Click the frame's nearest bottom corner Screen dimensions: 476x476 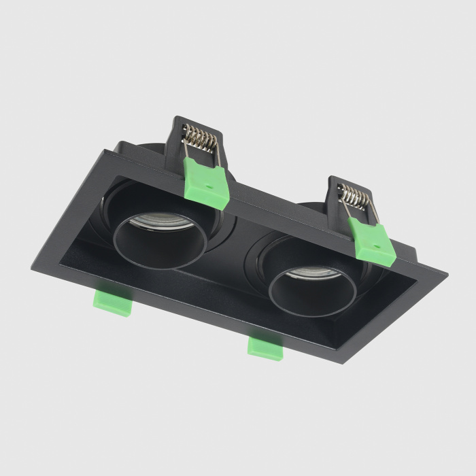pyautogui.click(x=343, y=359)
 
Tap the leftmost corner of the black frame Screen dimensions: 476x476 pyautogui.click(x=31, y=267)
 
